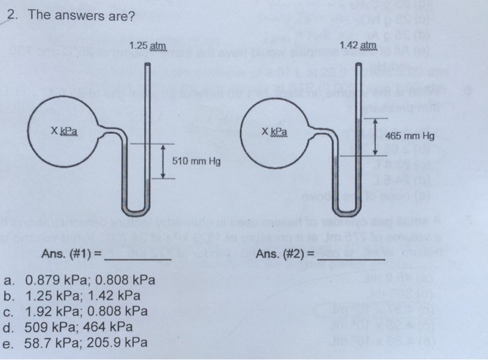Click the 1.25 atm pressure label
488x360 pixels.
click(x=148, y=46)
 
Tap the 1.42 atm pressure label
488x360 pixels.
click(x=358, y=46)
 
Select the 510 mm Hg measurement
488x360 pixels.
click(x=196, y=162)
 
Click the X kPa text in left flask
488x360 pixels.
click(x=63, y=131)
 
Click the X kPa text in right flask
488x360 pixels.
click(x=275, y=131)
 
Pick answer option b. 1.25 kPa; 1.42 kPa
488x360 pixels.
click(x=82, y=297)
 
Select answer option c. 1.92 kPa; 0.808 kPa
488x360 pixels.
click(x=84, y=311)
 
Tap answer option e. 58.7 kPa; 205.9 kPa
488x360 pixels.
click(x=84, y=342)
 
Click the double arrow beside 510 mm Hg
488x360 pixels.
click(x=164, y=162)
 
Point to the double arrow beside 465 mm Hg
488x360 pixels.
click(x=375, y=137)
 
